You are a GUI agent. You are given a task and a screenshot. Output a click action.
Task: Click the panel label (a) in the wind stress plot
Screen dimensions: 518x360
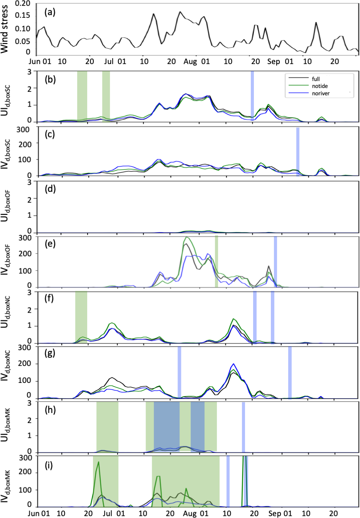pos(50,12)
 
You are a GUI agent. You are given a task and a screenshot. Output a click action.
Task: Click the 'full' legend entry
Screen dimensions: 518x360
pos(316,79)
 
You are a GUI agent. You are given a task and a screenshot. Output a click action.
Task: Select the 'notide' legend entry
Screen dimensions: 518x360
pos(319,86)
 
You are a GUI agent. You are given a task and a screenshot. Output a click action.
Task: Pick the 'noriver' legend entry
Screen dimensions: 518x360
pos(321,93)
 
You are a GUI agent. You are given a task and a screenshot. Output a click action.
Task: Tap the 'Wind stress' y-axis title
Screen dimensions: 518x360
pos(5,29)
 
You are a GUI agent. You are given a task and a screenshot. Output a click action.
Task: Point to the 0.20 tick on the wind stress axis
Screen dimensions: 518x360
pos(22,3)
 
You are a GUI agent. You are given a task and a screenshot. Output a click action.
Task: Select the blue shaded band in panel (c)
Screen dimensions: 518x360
pos(297,151)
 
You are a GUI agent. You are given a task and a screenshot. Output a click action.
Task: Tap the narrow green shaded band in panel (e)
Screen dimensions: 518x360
pos(216,261)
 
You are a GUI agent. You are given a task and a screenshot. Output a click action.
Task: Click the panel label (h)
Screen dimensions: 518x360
pos(50,410)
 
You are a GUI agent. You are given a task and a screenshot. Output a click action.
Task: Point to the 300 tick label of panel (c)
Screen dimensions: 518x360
pos(23,129)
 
